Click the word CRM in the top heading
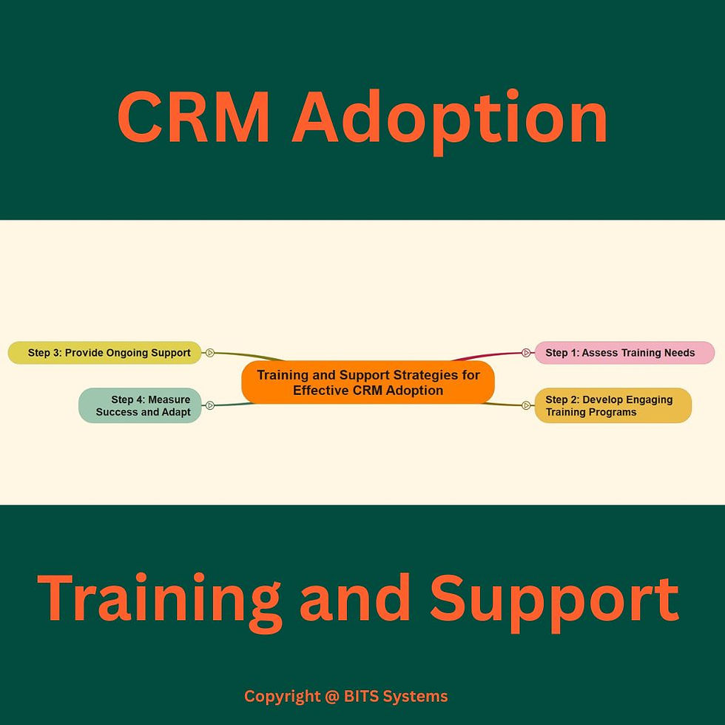[195, 119]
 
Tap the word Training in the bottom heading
[159, 598]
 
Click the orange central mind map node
[368, 382]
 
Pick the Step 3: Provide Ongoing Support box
[104, 353]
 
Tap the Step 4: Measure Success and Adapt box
[140, 405]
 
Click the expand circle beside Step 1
[526, 353]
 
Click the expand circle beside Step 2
[526, 405]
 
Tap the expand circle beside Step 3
[210, 353]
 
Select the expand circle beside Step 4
[210, 405]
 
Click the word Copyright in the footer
[282, 696]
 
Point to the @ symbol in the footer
[333, 696]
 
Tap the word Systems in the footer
[419, 696]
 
